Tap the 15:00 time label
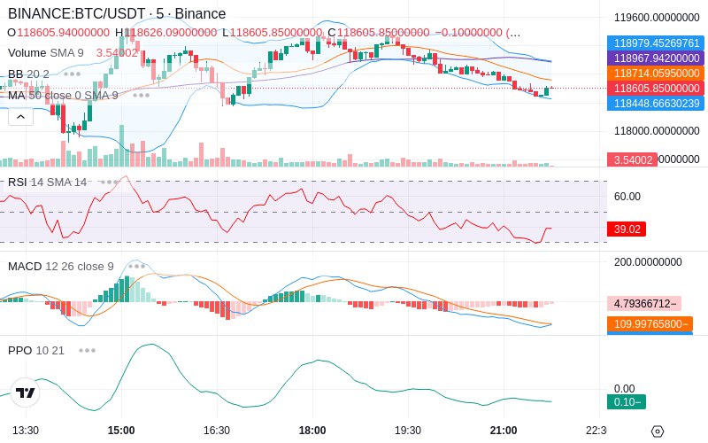click(x=121, y=430)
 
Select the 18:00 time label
click(x=312, y=430)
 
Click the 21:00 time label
click(x=504, y=430)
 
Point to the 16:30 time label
click(x=217, y=430)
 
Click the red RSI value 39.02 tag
click(x=627, y=229)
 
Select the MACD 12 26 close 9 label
click(x=61, y=266)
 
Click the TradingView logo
click(x=25, y=392)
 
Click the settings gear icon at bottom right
click(x=657, y=431)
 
